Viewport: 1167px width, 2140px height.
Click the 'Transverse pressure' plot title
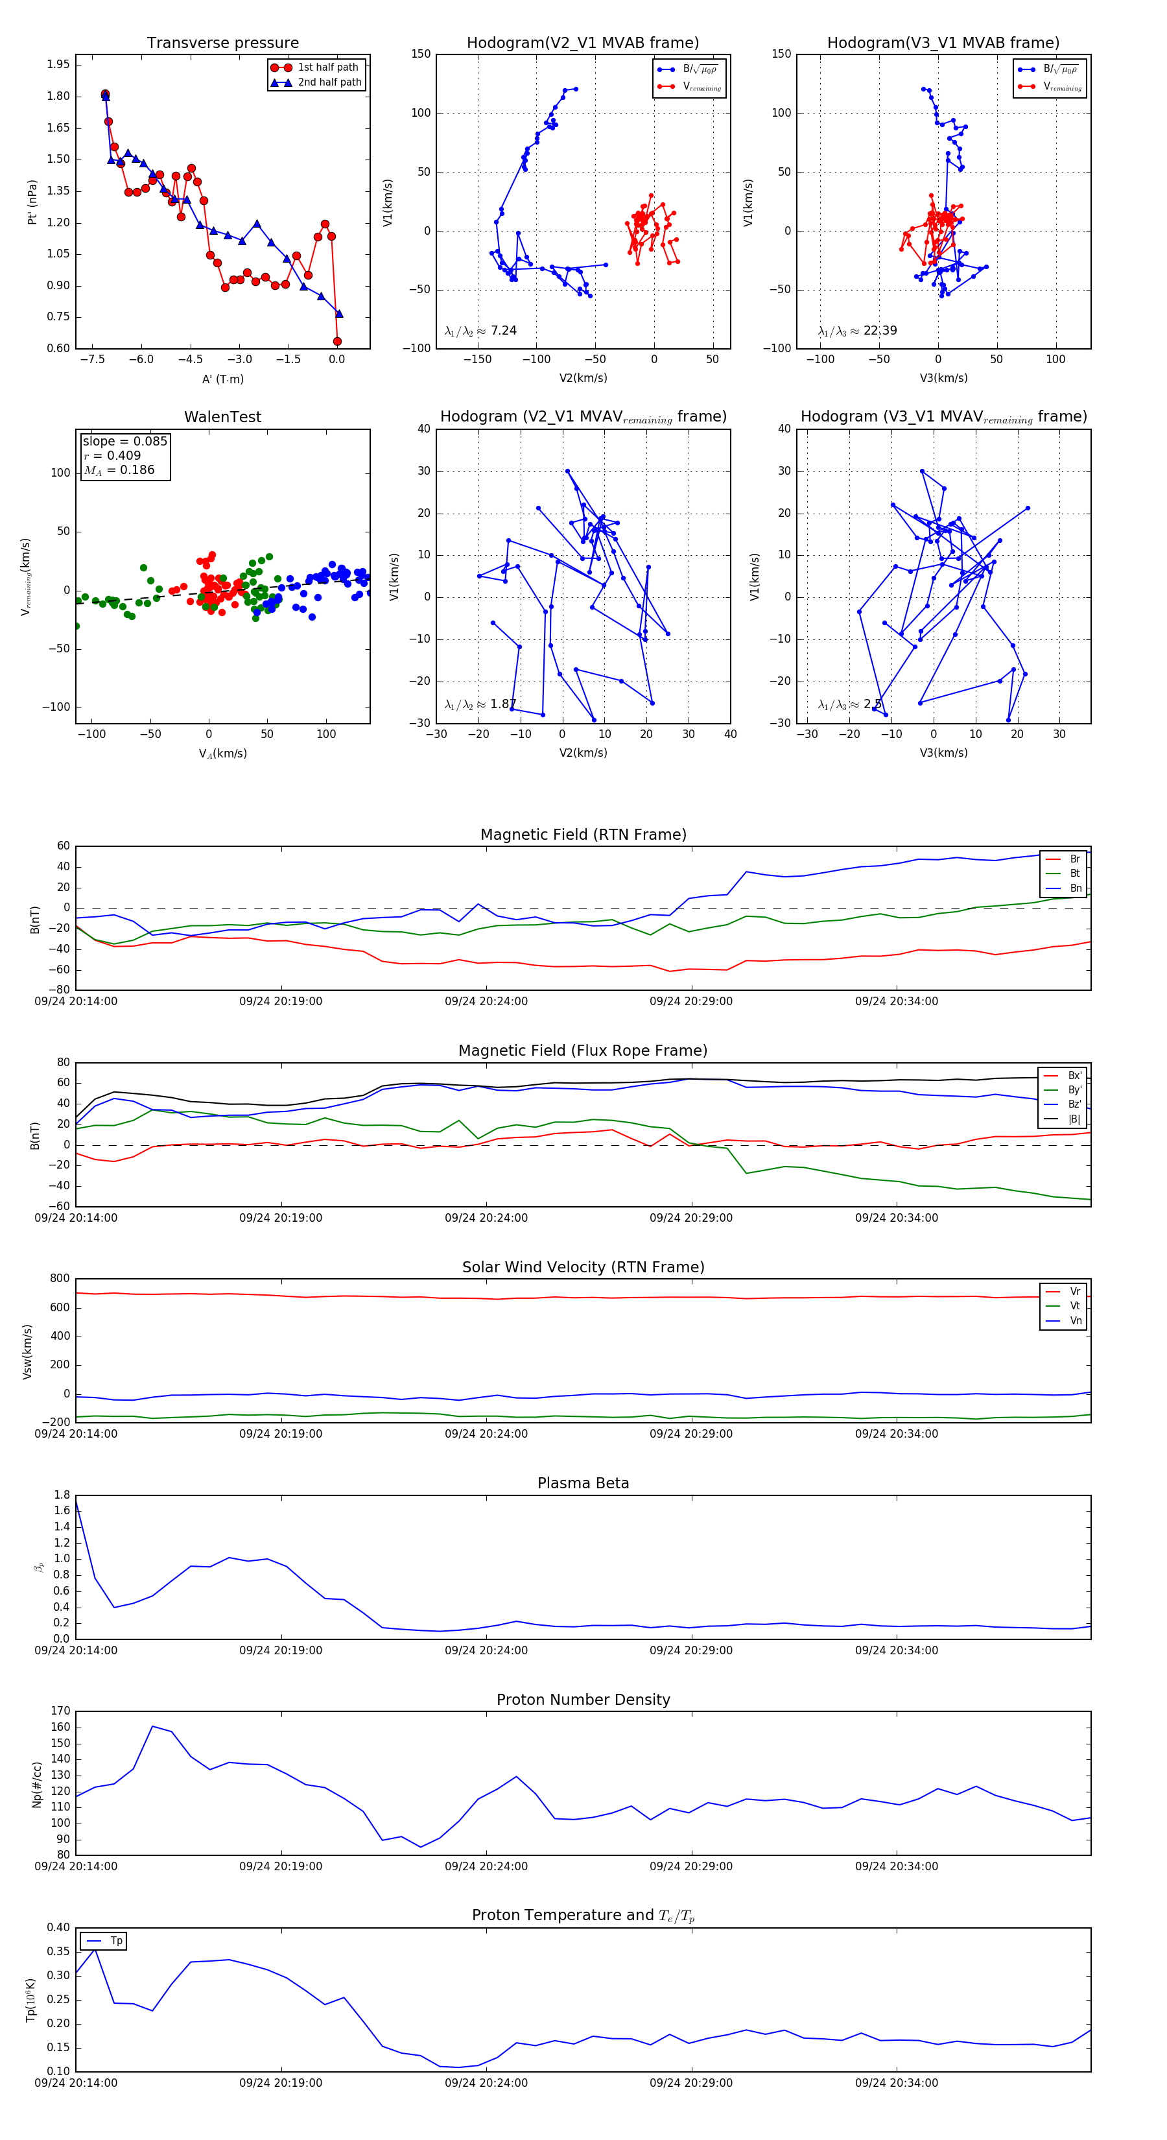[222, 43]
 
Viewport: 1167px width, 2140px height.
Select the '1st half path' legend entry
[327, 67]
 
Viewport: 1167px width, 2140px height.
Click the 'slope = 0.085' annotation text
[124, 441]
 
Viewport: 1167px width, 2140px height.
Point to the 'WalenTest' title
[222, 417]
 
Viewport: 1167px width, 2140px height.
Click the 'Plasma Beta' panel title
[583, 1483]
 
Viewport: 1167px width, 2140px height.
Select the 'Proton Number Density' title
[583, 1700]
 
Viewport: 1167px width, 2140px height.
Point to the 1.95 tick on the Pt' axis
[58, 65]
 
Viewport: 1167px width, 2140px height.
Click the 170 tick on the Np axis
[61, 1711]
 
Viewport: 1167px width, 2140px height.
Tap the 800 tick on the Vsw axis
[60, 1279]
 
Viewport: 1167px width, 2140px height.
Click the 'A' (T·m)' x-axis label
[222, 379]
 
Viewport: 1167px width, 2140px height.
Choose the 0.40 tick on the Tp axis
[58, 1927]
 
